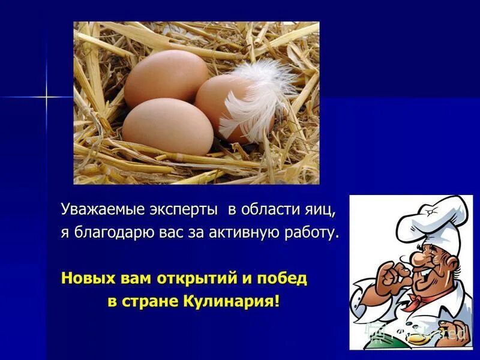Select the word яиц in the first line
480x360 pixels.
(318, 211)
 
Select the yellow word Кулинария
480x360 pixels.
(232, 301)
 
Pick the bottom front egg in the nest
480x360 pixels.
(169, 126)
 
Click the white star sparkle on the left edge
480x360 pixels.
(46, 96)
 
